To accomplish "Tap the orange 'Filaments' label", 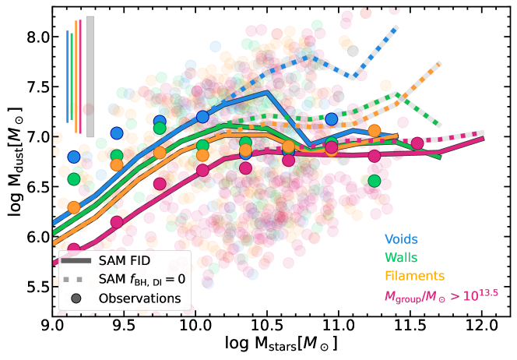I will (x=414, y=275).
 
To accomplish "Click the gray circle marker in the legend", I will (x=78, y=298).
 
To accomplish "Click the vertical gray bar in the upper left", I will (x=90, y=76).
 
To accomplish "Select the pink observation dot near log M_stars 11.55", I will (x=417, y=143).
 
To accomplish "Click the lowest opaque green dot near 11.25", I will (x=375, y=181).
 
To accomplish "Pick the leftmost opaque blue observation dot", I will (x=74, y=157).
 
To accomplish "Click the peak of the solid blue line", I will (x=267, y=93).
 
